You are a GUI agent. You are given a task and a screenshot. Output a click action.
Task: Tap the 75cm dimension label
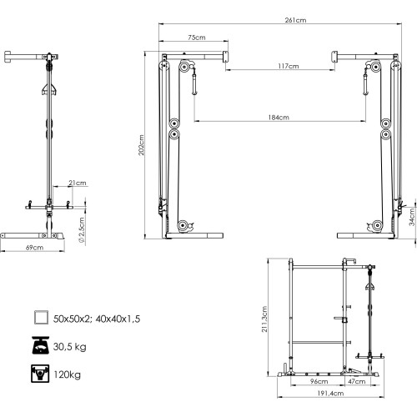click(x=197, y=38)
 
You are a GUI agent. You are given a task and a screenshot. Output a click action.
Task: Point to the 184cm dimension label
click(x=279, y=118)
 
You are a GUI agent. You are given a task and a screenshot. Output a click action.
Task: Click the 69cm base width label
click(x=34, y=249)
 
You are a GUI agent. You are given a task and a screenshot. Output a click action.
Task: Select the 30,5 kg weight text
click(x=72, y=346)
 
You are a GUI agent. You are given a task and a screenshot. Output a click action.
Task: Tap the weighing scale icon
click(x=39, y=345)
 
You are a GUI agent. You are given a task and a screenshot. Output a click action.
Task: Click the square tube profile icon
click(x=39, y=318)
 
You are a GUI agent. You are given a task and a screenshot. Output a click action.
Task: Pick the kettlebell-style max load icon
click(x=39, y=374)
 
